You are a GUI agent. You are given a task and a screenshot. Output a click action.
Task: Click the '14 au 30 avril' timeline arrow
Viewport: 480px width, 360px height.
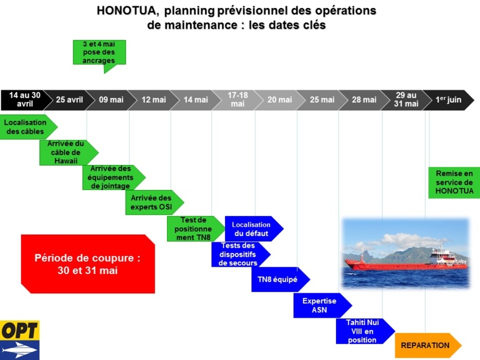point(24,100)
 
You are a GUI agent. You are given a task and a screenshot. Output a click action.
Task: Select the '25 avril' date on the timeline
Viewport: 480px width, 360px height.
point(69,100)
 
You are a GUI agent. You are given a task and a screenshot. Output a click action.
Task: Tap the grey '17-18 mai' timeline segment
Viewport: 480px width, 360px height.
point(237,100)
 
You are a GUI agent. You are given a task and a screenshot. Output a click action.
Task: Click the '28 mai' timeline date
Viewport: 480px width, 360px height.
point(364,100)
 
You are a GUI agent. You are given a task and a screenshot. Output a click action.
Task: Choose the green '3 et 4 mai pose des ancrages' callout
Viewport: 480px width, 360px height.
point(99,52)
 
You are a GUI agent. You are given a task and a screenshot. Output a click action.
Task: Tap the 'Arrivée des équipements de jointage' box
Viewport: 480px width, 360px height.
point(111,178)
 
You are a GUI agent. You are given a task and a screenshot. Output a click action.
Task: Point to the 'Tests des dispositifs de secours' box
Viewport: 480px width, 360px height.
point(239,254)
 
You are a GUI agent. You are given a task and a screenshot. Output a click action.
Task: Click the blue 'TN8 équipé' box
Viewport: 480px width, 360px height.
point(279,280)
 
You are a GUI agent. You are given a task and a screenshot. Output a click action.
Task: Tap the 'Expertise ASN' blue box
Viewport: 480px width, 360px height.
point(320,305)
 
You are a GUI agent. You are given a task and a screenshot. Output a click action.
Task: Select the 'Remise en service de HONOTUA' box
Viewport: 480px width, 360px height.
point(453,182)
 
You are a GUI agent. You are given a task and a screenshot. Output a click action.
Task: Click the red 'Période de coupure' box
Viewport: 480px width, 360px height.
point(87,263)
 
